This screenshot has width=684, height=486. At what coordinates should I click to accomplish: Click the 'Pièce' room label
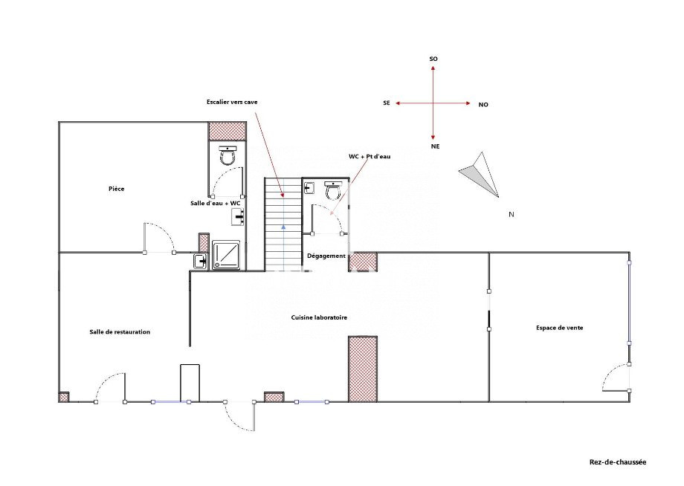117,189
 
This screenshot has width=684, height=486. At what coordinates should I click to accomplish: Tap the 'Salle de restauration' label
120,331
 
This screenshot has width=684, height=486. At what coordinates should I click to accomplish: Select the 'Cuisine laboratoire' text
319,317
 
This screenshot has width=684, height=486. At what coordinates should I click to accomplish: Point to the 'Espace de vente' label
560,328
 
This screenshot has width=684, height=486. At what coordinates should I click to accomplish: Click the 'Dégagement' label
326,256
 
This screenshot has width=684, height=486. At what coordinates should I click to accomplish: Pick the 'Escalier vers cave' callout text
232,102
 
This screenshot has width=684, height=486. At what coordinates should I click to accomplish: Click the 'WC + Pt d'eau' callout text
370,156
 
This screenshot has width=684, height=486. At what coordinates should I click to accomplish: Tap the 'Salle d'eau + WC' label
216,203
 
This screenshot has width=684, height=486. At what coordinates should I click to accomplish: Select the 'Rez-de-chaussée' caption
618,462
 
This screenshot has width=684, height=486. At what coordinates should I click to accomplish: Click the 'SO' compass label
433,59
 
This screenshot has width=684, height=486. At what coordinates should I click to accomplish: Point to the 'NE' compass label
436,146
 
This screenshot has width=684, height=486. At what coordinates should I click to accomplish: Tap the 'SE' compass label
387,103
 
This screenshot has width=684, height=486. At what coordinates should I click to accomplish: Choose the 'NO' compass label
483,105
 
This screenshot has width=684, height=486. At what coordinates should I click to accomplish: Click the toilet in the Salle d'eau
228,155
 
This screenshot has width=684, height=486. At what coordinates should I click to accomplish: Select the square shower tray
226,255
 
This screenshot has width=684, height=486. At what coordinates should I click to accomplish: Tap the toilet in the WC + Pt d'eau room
333,190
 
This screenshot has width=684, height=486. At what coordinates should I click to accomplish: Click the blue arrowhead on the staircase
283,227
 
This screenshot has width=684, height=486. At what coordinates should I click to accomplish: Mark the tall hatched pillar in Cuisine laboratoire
363,369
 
